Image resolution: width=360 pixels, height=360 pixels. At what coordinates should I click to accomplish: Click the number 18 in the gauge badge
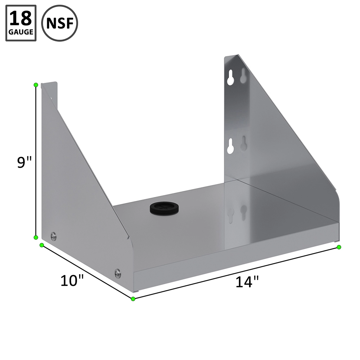(x=21, y=19)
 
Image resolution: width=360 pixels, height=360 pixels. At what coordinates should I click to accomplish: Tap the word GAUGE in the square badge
(x=21, y=32)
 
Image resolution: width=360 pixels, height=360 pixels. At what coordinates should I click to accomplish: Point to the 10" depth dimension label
(x=72, y=280)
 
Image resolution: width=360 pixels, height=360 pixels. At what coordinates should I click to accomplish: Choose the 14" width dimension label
(x=248, y=282)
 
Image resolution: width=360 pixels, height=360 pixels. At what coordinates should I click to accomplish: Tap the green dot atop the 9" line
(x=36, y=85)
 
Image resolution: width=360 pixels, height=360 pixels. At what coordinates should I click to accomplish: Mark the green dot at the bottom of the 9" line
(x=36, y=237)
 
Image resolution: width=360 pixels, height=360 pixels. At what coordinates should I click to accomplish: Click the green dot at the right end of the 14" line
(x=339, y=247)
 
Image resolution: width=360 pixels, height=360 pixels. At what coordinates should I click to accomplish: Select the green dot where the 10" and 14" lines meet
(x=133, y=299)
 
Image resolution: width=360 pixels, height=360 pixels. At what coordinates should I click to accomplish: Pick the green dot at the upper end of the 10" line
(x=42, y=245)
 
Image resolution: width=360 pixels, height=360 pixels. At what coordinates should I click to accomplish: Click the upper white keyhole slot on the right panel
(x=231, y=78)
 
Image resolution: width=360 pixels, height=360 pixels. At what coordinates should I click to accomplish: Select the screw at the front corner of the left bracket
(x=118, y=273)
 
